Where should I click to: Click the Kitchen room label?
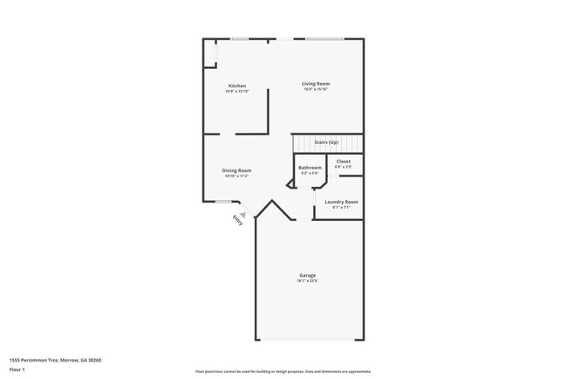click(x=237, y=86)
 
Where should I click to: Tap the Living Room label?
click(x=317, y=83)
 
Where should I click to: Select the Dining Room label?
click(x=236, y=170)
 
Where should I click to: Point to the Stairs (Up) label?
click(x=327, y=142)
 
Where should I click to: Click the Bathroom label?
click(x=310, y=168)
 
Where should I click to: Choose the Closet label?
click(x=344, y=162)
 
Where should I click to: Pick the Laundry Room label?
click(x=341, y=202)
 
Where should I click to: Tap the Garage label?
click(x=307, y=276)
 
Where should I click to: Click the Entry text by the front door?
click(x=236, y=220)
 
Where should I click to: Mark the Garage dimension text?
click(x=307, y=281)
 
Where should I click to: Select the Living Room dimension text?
click(x=317, y=89)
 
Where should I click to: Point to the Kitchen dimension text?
click(x=237, y=91)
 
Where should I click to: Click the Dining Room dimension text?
click(x=236, y=176)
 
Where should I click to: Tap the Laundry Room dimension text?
click(x=341, y=207)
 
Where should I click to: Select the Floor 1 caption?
click(x=17, y=370)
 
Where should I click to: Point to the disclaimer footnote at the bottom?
click(x=283, y=370)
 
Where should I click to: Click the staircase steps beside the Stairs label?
click(x=349, y=143)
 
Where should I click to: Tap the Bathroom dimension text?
click(x=310, y=173)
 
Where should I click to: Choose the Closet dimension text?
click(x=344, y=167)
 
